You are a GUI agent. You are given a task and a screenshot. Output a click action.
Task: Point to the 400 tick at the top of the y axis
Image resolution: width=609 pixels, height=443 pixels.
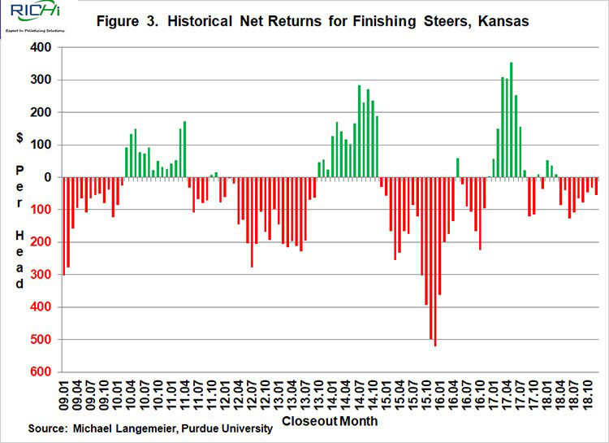click(40, 47)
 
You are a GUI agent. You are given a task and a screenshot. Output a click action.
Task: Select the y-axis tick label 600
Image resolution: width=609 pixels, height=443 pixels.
click(40, 371)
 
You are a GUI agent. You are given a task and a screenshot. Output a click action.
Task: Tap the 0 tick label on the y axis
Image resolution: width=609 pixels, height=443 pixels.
click(48, 177)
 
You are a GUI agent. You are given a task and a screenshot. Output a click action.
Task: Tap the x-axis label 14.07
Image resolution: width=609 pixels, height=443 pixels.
click(359, 396)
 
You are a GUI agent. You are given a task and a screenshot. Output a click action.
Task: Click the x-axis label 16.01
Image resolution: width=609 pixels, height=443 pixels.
click(438, 396)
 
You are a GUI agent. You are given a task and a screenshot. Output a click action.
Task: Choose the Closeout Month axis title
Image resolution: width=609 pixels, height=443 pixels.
click(329, 422)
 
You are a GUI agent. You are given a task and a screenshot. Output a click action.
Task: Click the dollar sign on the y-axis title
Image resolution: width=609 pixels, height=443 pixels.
click(19, 138)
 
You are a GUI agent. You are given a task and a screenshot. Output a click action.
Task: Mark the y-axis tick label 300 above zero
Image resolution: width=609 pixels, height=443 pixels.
click(40, 80)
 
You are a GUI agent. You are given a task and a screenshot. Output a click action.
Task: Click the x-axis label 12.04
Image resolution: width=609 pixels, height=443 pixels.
click(240, 396)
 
